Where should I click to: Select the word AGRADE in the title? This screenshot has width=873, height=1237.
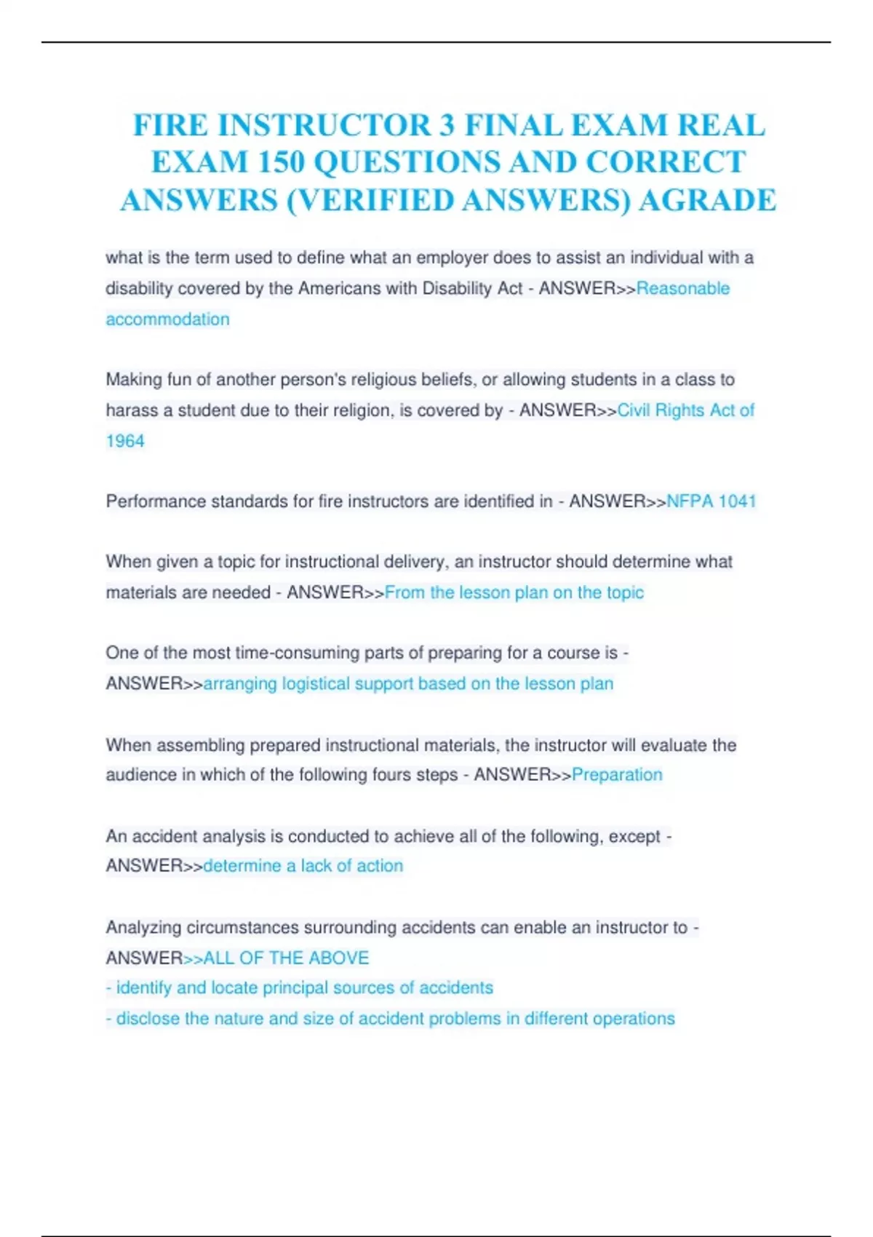pos(707,200)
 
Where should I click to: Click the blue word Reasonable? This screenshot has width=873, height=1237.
pos(683,288)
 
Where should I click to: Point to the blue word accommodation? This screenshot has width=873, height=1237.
pos(168,319)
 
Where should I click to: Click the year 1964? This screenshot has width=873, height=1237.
pos(125,441)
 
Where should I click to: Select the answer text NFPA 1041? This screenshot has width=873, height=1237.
pos(711,501)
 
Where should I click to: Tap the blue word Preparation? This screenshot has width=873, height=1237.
pos(617,774)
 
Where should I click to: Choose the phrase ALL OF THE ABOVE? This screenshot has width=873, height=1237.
pos(286,958)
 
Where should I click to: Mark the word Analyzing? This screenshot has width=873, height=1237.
pos(143,927)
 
